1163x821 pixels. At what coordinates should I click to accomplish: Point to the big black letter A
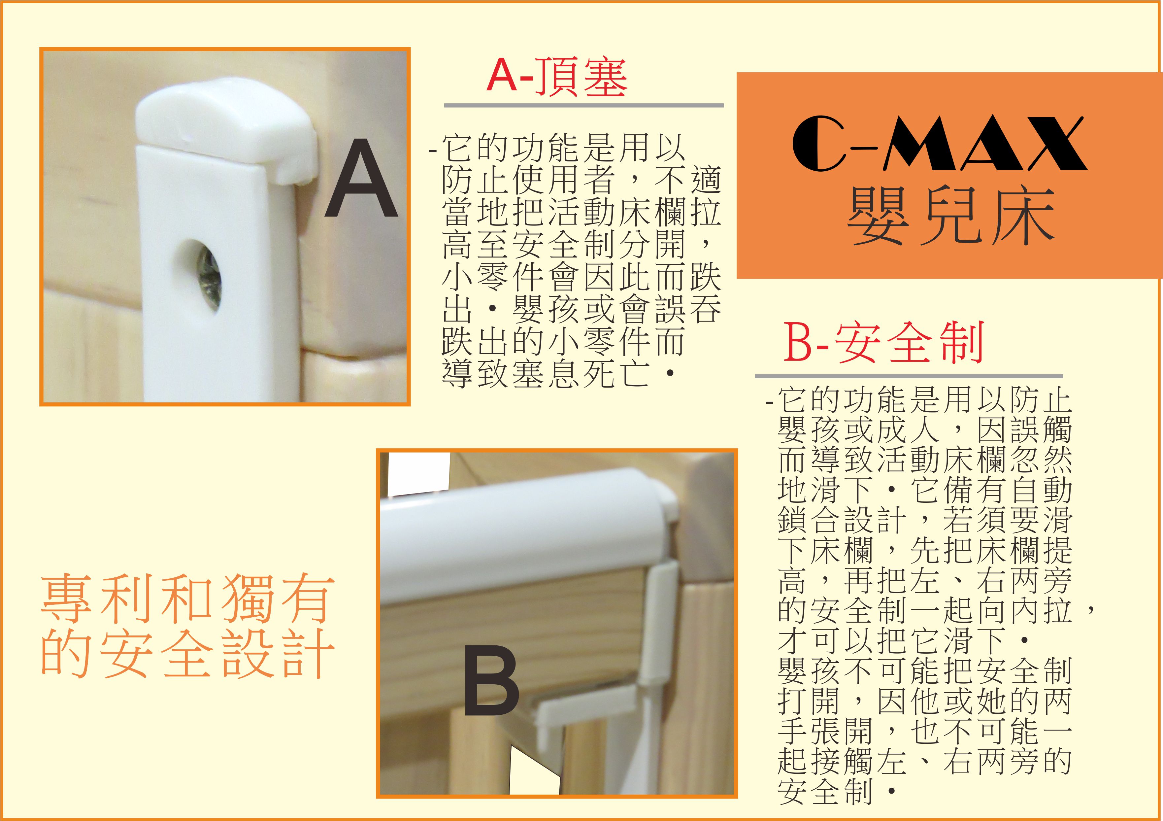pyautogui.click(x=361, y=179)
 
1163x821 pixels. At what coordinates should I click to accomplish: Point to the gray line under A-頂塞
pyautogui.click(x=583, y=105)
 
